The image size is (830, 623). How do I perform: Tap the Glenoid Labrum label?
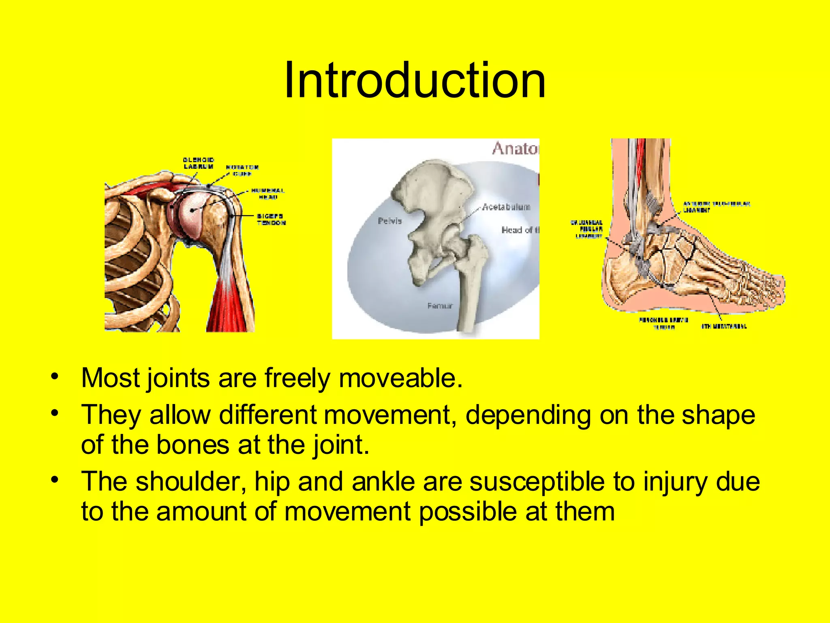199,163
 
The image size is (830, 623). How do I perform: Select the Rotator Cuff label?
242,170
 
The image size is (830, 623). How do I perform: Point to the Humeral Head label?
268,193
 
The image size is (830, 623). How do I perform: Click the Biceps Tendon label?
271,219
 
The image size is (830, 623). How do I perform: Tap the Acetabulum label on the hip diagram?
506,207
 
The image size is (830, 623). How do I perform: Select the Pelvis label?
389,221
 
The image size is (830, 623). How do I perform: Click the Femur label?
440,305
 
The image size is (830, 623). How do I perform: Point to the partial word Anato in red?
515,148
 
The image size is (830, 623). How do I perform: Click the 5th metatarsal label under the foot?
724,326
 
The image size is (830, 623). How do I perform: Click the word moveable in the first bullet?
400,378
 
